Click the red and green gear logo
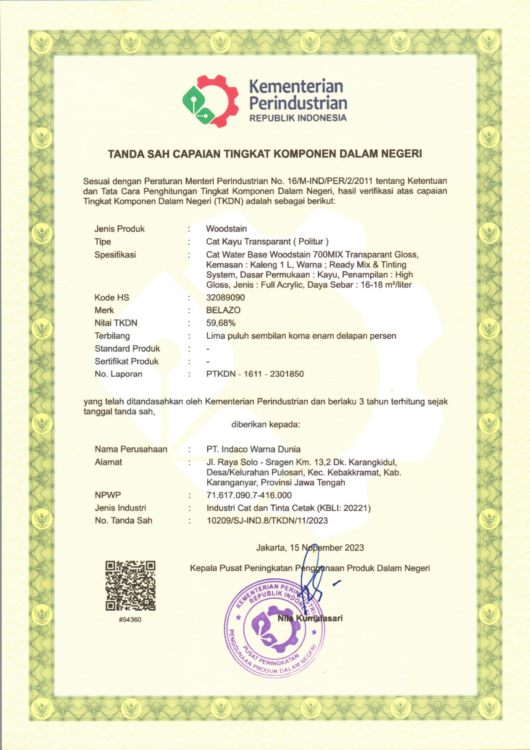(210, 101)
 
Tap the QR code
(130, 585)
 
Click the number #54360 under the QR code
(130, 620)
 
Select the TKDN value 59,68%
(221, 323)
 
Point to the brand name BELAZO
(223, 310)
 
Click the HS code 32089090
(225, 297)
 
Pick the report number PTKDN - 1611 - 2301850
(255, 374)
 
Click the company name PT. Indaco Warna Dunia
(253, 449)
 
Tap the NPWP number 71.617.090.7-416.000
(249, 495)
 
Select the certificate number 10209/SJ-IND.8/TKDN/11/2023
(267, 520)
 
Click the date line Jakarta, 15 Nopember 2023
(310, 548)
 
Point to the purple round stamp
(274, 629)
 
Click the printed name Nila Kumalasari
(310, 618)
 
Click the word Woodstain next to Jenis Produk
(226, 229)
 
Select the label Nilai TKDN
(116, 323)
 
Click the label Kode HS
(112, 297)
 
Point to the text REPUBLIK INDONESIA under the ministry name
(298, 118)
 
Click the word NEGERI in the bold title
(401, 154)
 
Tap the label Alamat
(108, 462)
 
